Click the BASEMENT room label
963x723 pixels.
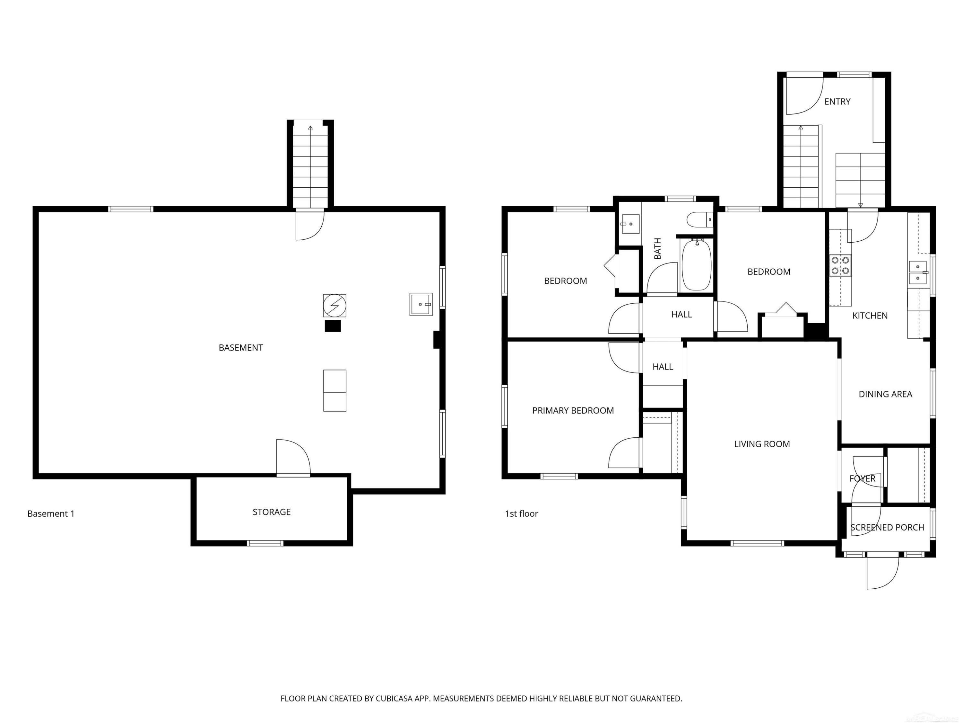coord(241,348)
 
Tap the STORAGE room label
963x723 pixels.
coord(272,512)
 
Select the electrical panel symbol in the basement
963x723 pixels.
coord(335,306)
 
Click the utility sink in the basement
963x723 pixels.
coord(421,304)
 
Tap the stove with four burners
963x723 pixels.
coord(840,265)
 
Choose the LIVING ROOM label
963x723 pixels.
coord(762,444)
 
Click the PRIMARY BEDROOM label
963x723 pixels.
coord(573,411)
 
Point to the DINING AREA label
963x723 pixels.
coord(885,394)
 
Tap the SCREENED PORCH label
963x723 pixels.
coord(887,528)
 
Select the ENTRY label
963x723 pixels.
coord(837,102)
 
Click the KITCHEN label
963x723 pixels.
coord(870,316)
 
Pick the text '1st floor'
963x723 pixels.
coord(522,514)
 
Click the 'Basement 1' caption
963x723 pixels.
coord(51,514)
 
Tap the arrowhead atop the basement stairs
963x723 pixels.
coord(310,128)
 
